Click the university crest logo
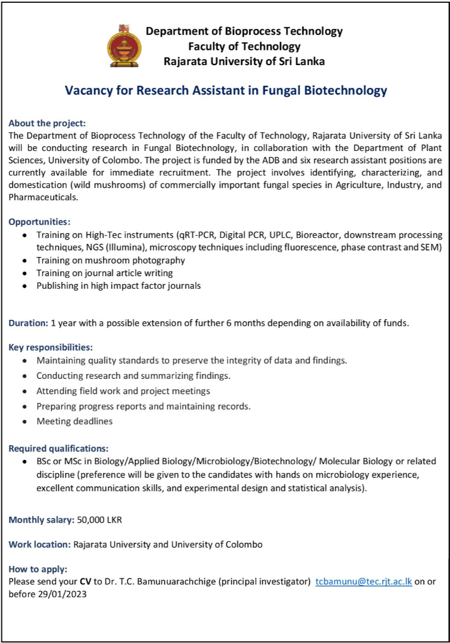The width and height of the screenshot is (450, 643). point(123,45)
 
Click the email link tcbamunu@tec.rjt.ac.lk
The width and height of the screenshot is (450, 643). point(364,582)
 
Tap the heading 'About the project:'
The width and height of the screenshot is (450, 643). point(48,124)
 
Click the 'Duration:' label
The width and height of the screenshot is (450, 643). point(28,323)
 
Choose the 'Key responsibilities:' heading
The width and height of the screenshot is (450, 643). point(51,347)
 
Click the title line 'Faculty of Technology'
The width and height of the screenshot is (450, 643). point(244,46)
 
